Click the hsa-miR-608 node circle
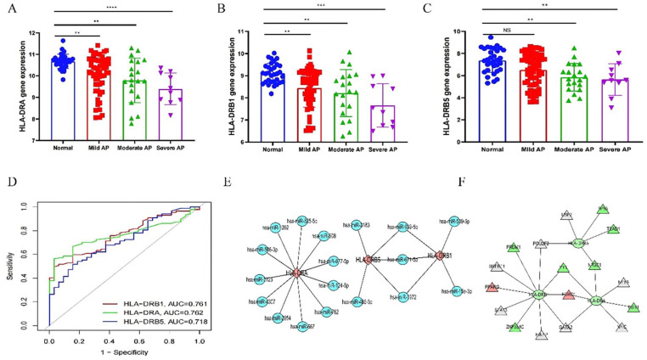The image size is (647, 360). pos(324,238)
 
